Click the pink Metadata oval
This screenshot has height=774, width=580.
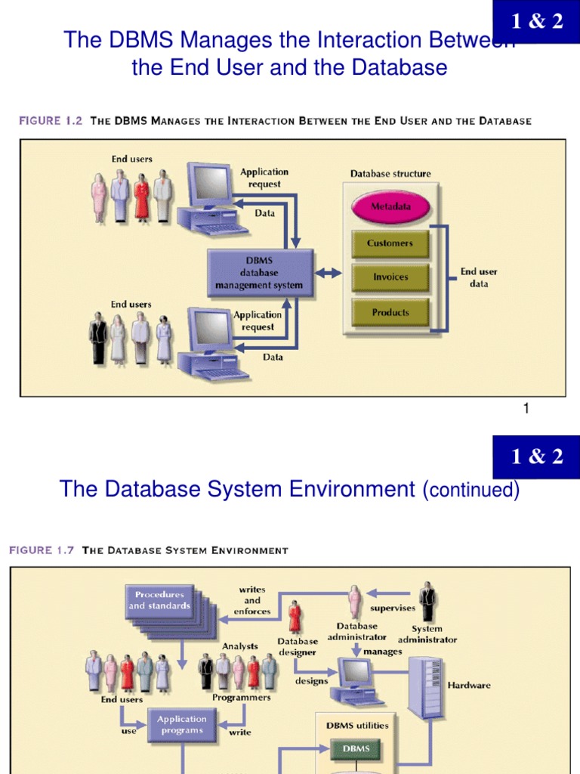[390, 206]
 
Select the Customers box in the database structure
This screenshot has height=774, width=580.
[390, 243]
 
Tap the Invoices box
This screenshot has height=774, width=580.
[390, 277]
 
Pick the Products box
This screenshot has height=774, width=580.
[390, 312]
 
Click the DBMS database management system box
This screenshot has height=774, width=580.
[259, 273]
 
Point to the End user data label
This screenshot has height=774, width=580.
[479, 277]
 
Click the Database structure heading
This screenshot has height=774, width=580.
[390, 174]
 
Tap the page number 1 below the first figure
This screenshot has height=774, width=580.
[526, 409]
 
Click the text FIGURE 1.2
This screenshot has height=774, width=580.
[50, 121]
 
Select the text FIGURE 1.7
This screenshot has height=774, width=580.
[42, 550]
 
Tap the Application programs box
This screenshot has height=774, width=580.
[181, 725]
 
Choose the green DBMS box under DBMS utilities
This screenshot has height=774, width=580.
[356, 748]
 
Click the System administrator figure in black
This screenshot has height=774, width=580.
[427, 602]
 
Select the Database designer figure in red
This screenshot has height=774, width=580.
[295, 618]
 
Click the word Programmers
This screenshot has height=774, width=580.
[241, 698]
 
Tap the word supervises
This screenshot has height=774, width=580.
[392, 608]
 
